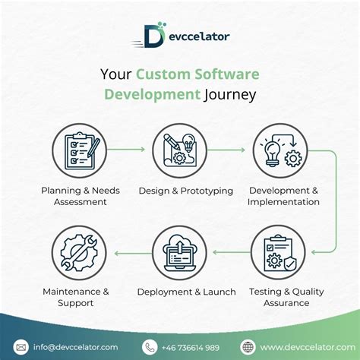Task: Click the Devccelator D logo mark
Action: [x=153, y=34]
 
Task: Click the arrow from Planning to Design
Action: [x=130, y=151]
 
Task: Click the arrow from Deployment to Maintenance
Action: [x=130, y=251]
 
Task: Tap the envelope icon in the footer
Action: [x=21, y=346]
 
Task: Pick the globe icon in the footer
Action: [x=247, y=346]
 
